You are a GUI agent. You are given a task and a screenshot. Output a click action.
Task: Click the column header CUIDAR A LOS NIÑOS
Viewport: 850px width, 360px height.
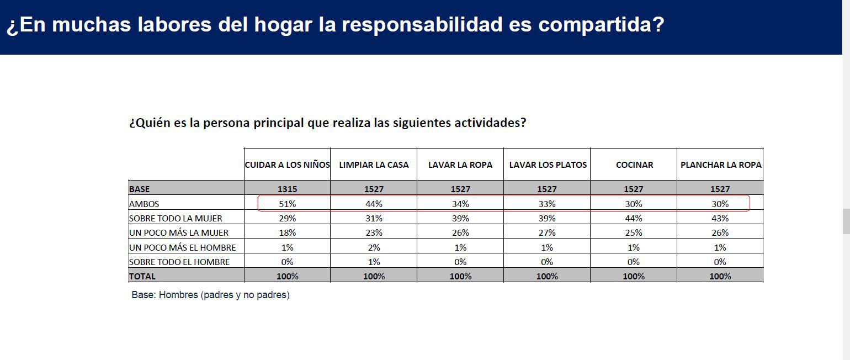tap(287, 165)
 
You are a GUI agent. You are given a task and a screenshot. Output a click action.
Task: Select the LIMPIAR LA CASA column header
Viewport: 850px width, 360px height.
tap(374, 165)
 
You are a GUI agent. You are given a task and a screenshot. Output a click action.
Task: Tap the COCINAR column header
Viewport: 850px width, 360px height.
tap(634, 165)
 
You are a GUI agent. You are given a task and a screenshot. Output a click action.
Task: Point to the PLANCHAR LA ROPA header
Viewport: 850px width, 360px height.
tap(720, 165)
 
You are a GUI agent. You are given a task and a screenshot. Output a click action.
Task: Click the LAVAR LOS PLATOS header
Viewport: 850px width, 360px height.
tap(547, 165)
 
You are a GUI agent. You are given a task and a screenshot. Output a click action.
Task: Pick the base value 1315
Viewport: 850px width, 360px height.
tap(287, 189)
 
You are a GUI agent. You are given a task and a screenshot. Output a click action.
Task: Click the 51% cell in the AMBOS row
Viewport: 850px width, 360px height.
tap(287, 204)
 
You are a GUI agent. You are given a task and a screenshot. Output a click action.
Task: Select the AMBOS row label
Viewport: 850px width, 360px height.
tap(144, 204)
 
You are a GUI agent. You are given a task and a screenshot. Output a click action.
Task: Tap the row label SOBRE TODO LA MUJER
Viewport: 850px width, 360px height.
tap(176, 218)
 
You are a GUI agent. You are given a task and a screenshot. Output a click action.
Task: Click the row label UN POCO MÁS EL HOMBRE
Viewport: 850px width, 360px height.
tap(182, 247)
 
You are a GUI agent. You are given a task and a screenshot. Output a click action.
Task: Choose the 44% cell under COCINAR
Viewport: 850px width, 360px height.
tap(634, 218)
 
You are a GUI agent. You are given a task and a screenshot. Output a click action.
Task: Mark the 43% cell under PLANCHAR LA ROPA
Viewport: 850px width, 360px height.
tap(720, 218)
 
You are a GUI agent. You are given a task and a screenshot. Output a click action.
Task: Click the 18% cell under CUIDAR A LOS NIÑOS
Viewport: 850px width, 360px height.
tap(287, 232)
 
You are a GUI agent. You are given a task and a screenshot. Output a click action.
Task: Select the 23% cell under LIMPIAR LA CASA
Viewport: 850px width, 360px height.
tap(374, 232)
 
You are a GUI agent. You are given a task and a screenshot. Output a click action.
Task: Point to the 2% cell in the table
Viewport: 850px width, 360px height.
tap(374, 247)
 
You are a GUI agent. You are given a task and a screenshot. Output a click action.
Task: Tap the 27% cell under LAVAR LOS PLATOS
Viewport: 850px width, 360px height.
tap(547, 232)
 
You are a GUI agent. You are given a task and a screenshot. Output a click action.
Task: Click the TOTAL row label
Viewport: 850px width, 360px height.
tap(142, 276)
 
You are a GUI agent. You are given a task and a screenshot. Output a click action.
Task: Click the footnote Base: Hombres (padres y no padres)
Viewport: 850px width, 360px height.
tap(210, 295)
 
